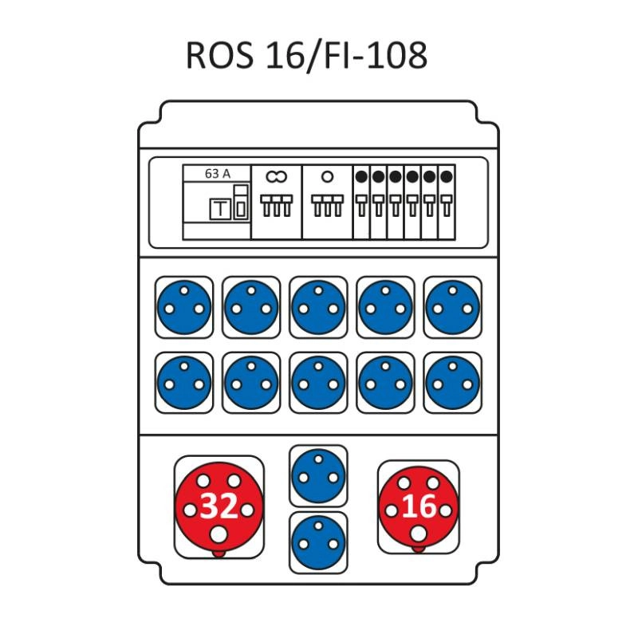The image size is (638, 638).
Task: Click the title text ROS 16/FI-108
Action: coord(306,55)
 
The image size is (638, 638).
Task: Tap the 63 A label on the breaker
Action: coord(217,174)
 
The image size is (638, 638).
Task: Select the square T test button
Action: coord(220,209)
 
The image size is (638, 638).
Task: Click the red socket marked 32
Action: coord(219,506)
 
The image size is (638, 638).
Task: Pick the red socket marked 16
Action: coord(418,507)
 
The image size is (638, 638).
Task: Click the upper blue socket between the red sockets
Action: coord(318,475)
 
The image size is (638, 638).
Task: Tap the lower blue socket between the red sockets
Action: coord(318,542)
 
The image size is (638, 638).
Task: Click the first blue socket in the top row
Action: coord(184,307)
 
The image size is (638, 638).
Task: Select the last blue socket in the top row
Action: coord(452,307)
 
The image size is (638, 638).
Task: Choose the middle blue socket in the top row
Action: coord(318,307)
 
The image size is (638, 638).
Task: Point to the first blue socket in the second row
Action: coord(184,383)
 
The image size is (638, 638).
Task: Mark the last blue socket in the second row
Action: coord(452,383)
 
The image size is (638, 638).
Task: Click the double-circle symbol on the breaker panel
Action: coord(277,176)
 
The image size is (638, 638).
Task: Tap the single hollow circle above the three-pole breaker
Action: coord(327,176)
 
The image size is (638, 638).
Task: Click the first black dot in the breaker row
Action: coord(361,176)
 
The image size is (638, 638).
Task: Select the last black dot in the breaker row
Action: coord(447,176)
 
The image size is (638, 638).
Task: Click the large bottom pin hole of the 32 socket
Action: coord(219,534)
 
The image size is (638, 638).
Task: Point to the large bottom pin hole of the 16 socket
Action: coord(418,534)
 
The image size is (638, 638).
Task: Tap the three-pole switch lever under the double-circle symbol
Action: coord(277,205)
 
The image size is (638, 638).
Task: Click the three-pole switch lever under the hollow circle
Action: coord(327,205)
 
